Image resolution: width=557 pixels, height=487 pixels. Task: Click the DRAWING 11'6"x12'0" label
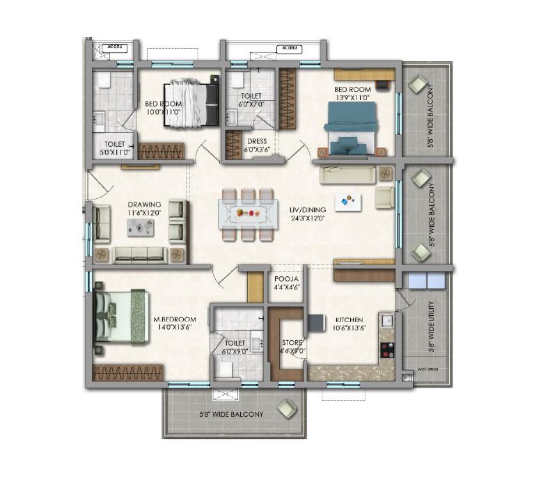144,209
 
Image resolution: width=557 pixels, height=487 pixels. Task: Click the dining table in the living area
247,214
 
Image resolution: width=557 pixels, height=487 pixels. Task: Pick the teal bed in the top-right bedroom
351,129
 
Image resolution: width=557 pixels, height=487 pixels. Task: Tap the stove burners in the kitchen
387,349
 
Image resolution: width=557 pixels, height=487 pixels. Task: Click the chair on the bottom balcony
285,409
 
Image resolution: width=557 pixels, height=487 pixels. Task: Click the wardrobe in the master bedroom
129,372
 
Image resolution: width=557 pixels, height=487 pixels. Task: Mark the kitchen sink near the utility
388,320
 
